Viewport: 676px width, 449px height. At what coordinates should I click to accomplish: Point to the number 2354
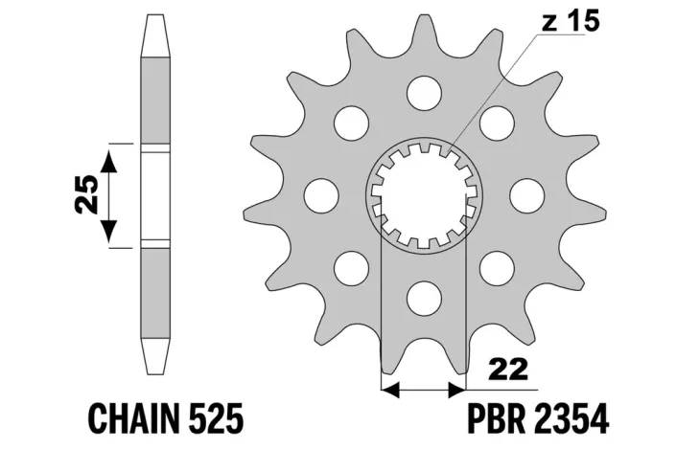click(571, 418)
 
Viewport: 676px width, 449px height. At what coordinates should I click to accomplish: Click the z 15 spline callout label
click(571, 21)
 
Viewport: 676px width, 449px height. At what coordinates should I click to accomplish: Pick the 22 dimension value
click(509, 370)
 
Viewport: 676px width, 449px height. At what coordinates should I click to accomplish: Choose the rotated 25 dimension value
click(85, 194)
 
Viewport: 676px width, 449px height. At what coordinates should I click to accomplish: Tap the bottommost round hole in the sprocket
click(425, 298)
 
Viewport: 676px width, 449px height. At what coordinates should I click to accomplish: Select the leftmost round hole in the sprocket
click(321, 195)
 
